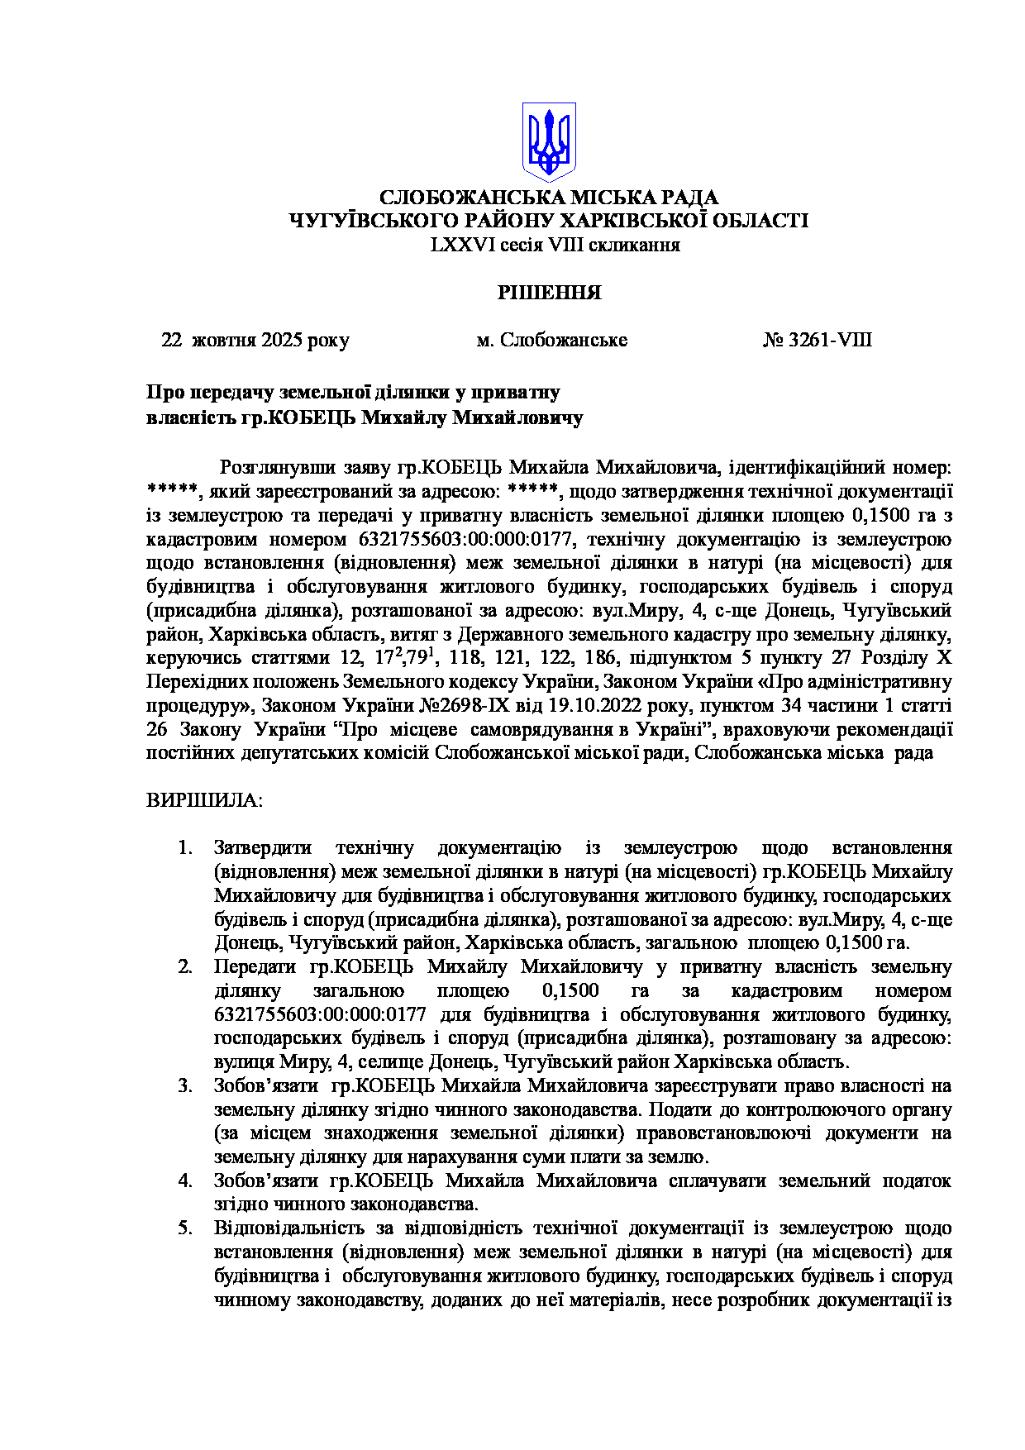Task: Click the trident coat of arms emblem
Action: (x=548, y=141)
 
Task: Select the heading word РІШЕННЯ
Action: (x=548, y=293)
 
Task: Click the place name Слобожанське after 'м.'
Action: (x=564, y=341)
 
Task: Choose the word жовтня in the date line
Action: (x=225, y=341)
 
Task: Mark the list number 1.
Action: (x=185, y=848)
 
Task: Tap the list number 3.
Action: (x=185, y=1086)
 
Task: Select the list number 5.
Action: (x=185, y=1228)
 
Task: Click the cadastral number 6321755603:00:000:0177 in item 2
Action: (x=320, y=1015)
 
